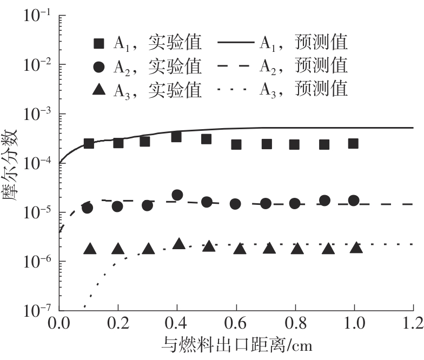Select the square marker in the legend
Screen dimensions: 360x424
pyautogui.click(x=99, y=43)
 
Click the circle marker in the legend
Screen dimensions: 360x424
pyautogui.click(x=99, y=66)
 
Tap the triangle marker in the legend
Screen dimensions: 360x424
pyautogui.click(x=99, y=90)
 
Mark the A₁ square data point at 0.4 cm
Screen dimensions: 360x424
pyautogui.click(x=177, y=137)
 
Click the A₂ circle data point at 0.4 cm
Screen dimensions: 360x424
pyautogui.click(x=177, y=195)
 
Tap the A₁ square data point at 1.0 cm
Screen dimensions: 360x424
pyautogui.click(x=353, y=143)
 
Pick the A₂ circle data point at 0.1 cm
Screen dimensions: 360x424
pyautogui.click(x=88, y=208)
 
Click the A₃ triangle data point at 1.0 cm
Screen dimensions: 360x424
pyautogui.click(x=356, y=248)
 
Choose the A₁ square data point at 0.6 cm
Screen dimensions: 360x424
pyautogui.click(x=236, y=144)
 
